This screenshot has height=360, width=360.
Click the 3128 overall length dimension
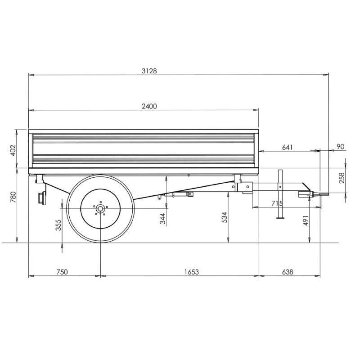(x=149, y=71)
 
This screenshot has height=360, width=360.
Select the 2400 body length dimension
(x=149, y=106)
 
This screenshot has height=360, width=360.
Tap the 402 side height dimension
(x=13, y=150)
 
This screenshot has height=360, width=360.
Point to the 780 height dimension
(x=13, y=197)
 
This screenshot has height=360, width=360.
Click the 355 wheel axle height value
(x=58, y=225)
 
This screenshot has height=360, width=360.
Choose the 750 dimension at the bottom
(x=62, y=272)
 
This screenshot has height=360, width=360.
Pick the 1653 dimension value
(x=192, y=272)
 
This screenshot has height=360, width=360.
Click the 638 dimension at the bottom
(x=288, y=272)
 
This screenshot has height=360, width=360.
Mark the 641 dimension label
(x=288, y=147)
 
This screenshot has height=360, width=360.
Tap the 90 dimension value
(x=341, y=147)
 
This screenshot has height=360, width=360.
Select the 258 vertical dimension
(x=342, y=178)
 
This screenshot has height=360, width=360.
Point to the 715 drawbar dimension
(x=277, y=203)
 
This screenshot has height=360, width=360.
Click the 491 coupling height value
(x=306, y=220)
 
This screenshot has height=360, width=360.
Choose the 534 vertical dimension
(x=224, y=217)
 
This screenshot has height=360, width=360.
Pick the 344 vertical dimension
(x=162, y=219)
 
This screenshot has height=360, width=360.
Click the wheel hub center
(x=100, y=209)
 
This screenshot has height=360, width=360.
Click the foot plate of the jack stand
(x=280, y=218)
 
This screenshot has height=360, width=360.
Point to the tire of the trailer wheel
(x=100, y=209)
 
